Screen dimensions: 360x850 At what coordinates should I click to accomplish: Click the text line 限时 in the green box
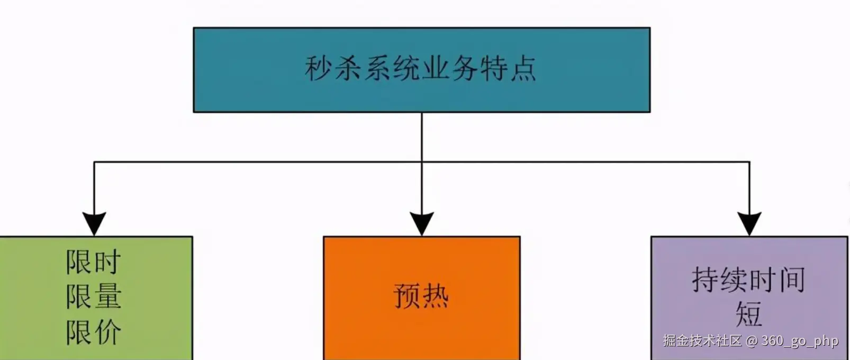click(94, 262)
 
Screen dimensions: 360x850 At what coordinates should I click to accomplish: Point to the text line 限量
click(94, 296)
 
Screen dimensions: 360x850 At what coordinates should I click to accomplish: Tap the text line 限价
click(94, 332)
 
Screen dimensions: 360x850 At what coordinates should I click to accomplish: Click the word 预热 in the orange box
click(421, 296)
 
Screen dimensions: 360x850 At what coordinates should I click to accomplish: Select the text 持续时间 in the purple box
click(748, 280)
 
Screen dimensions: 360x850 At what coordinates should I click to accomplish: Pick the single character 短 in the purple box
click(748, 314)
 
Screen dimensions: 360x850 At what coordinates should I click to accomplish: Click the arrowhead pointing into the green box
click(94, 223)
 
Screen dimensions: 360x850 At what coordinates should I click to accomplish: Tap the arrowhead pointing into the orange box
click(422, 223)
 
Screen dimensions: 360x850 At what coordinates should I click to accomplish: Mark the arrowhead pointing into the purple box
click(749, 223)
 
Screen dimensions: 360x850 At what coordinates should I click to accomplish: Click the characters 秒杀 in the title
click(333, 69)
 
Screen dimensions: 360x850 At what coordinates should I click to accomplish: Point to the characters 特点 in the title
click(508, 69)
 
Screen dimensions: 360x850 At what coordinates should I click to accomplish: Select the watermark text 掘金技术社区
click(702, 340)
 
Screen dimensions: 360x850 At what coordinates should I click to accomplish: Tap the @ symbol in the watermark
click(752, 341)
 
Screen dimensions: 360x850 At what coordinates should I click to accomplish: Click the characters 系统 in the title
click(392, 69)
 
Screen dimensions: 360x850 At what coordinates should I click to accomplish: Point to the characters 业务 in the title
click(450, 69)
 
